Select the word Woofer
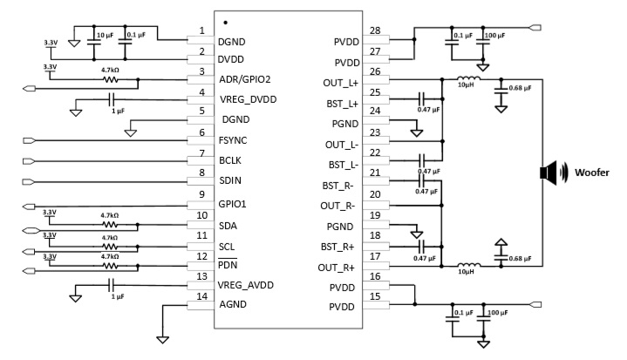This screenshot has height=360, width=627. [590, 172]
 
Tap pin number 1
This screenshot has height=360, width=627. [201, 31]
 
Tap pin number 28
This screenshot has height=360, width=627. [376, 31]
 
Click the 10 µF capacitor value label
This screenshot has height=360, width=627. [103, 34]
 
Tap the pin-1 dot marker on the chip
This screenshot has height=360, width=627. [226, 21]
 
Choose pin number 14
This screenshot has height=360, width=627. [201, 295]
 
